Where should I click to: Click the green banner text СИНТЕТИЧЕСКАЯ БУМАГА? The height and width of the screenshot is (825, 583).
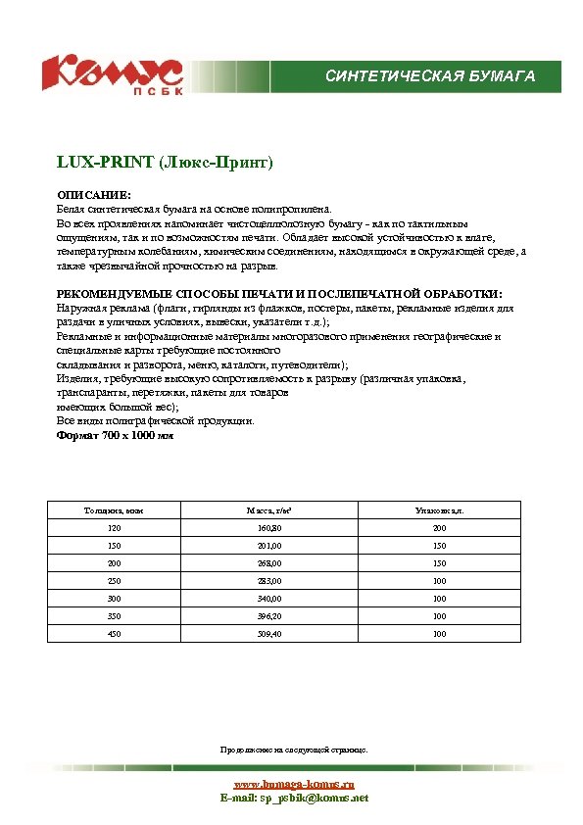(430, 75)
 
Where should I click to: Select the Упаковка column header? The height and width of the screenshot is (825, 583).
(439, 511)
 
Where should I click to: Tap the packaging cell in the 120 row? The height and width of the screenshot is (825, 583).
(439, 529)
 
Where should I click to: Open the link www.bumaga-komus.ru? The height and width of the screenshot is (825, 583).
(293, 785)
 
